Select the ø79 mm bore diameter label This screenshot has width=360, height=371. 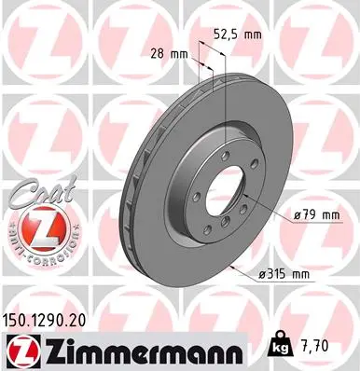coord(313,215)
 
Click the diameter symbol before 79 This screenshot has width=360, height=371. coord(295,215)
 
